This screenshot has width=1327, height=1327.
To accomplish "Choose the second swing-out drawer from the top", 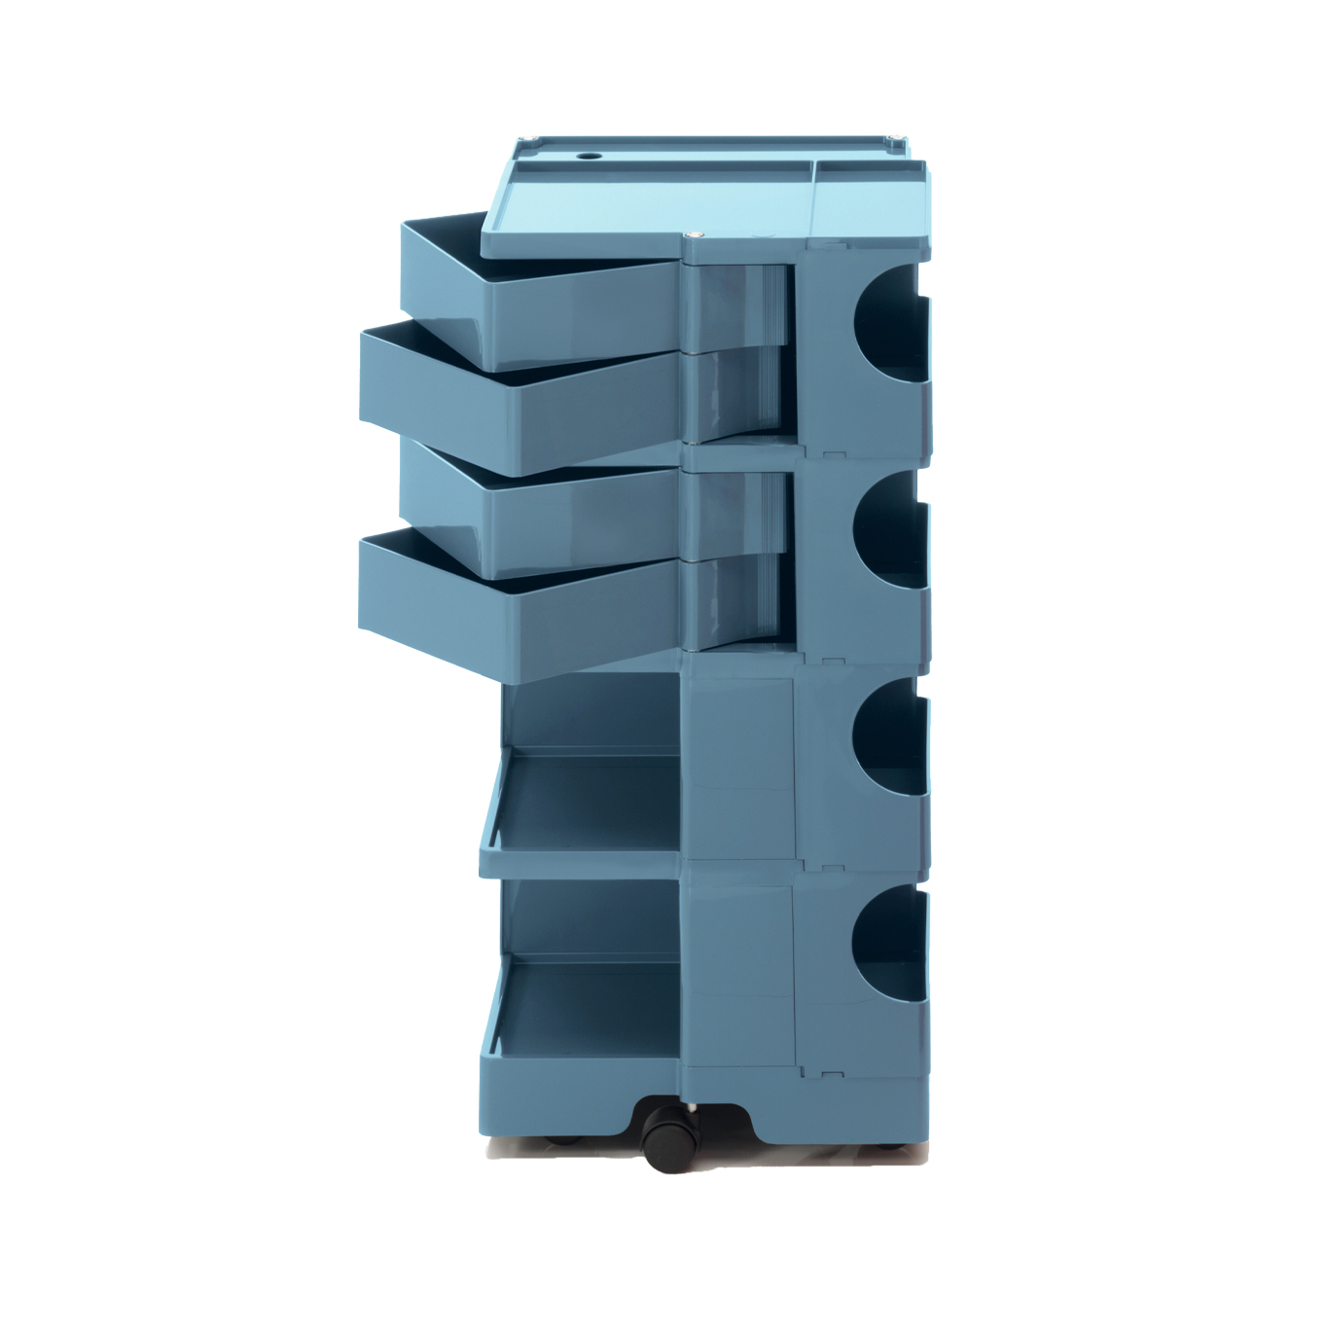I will pos(520,394).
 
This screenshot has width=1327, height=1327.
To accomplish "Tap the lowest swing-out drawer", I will pos(520,608).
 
